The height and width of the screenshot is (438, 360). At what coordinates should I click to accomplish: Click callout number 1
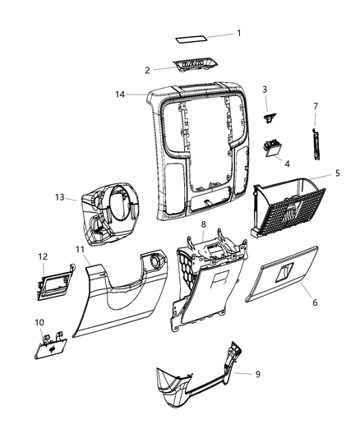[x=239, y=34]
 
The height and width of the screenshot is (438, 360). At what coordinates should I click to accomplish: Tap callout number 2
[x=147, y=70]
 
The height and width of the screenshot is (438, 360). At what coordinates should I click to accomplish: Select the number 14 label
[x=119, y=95]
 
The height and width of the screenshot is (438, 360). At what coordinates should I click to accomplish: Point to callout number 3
[x=265, y=90]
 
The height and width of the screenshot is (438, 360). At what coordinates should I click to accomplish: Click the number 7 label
[x=315, y=106]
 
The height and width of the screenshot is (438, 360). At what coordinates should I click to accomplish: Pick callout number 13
[x=58, y=196]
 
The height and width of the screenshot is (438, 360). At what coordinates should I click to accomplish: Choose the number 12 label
[x=42, y=256]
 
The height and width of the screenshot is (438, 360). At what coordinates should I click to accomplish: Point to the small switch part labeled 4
[x=272, y=149]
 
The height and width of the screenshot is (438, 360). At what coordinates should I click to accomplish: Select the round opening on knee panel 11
[x=152, y=263]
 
